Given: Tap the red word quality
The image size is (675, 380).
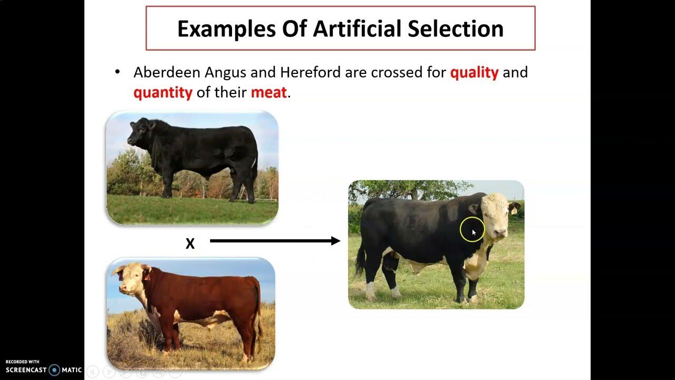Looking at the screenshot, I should tap(474, 72).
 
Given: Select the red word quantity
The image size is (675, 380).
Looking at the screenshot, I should tap(162, 93).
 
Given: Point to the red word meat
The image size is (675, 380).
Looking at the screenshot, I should tap(268, 93).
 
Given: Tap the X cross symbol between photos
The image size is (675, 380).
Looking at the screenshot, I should tap(190, 243).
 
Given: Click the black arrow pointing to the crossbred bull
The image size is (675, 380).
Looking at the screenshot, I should tap(275, 241).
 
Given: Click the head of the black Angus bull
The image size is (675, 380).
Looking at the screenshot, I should tap(138, 132).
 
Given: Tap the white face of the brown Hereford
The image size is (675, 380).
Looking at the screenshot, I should tap(128, 280).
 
